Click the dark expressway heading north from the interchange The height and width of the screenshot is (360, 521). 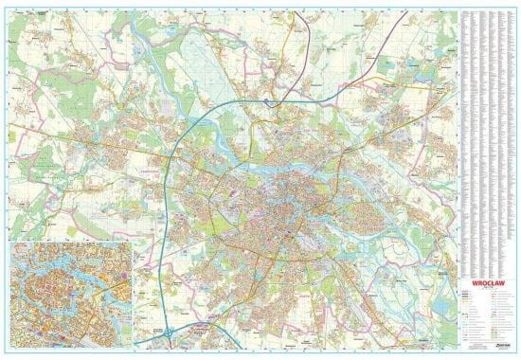point(289,47)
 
